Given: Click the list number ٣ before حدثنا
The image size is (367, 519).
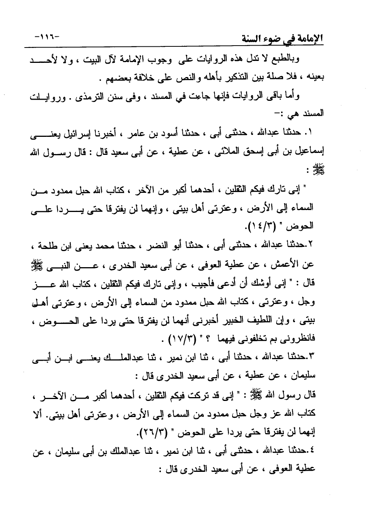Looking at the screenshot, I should (x=310, y=358).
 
